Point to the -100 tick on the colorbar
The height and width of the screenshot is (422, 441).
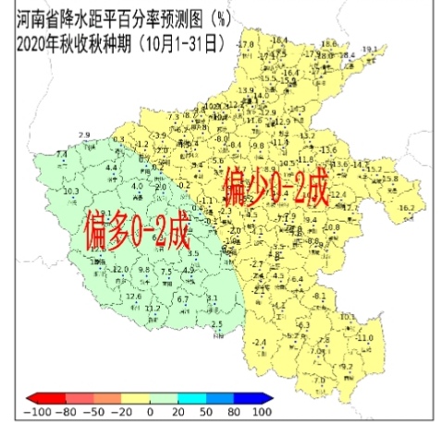[38, 413]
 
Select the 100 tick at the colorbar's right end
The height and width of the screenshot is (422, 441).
[261, 413]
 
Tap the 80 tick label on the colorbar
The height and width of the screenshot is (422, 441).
[235, 413]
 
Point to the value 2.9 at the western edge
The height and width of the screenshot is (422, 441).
[84, 135]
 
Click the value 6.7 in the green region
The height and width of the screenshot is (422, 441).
[182, 299]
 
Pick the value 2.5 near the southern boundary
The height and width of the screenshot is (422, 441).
[217, 324]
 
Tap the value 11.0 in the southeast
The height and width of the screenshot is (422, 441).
[364, 338]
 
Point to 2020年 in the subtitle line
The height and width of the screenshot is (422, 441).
[37, 42]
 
